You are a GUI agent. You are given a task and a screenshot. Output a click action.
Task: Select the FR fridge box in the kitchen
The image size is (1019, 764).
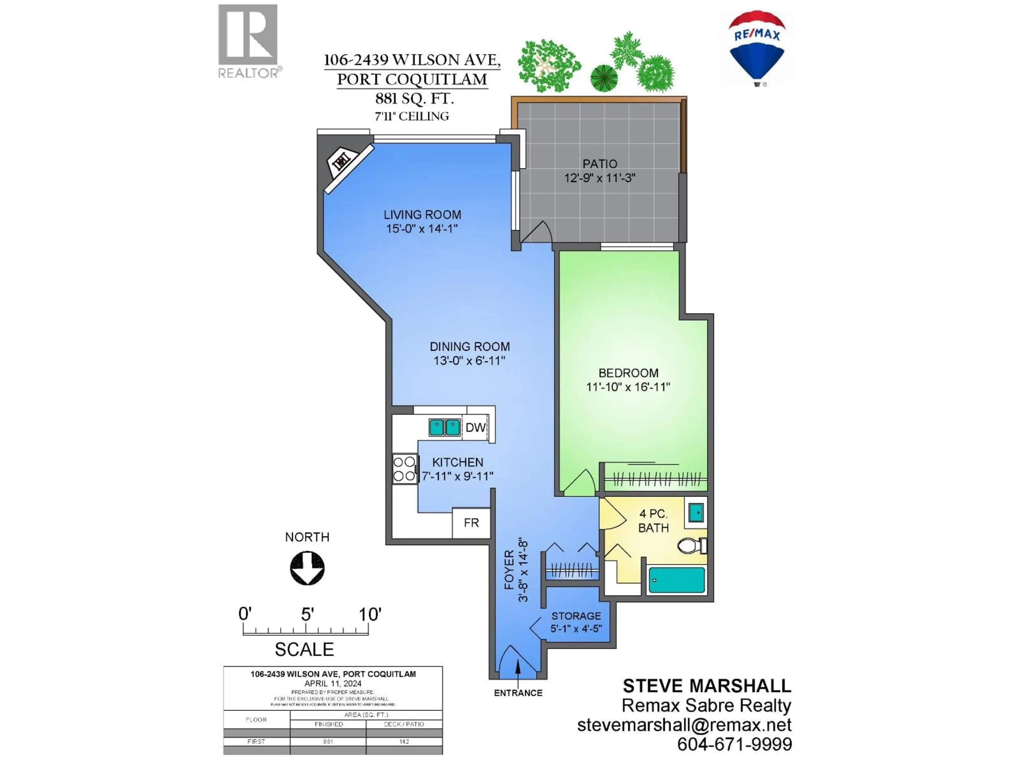pyautogui.click(x=471, y=523)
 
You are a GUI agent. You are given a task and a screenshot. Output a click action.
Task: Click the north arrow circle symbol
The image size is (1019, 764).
pyautogui.click(x=307, y=568)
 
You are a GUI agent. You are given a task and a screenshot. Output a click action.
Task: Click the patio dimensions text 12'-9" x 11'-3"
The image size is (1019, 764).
pyautogui.click(x=599, y=178)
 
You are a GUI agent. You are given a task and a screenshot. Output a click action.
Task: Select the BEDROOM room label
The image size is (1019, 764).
pyautogui.click(x=628, y=372)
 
